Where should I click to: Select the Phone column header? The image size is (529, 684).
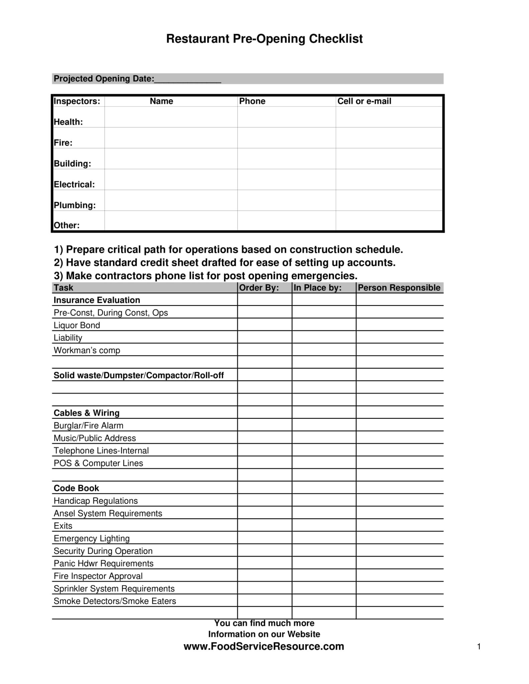(252, 101)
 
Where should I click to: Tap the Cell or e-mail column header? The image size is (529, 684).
(364, 101)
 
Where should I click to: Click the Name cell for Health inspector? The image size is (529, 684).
(171, 117)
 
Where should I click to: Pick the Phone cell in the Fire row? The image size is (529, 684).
(286, 138)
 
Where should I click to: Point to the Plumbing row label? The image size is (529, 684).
(75, 205)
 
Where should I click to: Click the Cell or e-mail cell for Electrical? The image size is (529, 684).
(389, 180)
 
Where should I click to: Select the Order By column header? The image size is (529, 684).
(259, 288)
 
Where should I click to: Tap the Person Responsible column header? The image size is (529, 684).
(399, 288)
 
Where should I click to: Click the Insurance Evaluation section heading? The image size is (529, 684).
(97, 300)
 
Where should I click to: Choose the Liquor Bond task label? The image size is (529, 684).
(77, 325)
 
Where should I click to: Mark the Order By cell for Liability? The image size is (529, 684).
(265, 337)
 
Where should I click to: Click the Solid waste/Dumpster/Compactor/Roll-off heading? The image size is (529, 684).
(139, 375)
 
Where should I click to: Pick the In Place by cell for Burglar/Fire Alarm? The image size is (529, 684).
(324, 425)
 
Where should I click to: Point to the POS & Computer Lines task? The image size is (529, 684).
(98, 463)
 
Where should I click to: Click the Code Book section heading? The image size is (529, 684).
(77, 488)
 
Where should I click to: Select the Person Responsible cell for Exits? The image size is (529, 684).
(400, 525)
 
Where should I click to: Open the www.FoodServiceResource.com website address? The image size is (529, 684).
(264, 646)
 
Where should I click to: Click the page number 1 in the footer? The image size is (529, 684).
(479, 647)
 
